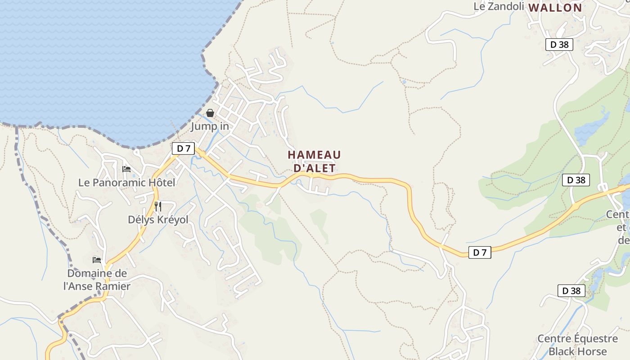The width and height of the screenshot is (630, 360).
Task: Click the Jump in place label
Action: (x=210, y=126)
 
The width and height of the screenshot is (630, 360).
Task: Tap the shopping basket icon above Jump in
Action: (x=210, y=113)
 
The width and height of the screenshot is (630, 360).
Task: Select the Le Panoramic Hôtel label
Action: (x=126, y=183)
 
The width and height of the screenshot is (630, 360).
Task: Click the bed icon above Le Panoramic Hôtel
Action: (x=126, y=169)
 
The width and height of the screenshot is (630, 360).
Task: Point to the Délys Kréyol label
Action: (x=158, y=220)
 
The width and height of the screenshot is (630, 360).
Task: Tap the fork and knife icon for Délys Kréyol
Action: (x=158, y=207)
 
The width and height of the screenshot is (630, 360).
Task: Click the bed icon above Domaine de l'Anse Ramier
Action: (x=97, y=260)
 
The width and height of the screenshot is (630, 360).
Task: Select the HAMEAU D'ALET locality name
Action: (x=314, y=162)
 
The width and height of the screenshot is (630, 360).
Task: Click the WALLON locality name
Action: (x=555, y=8)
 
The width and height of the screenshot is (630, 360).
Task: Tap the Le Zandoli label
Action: (x=499, y=6)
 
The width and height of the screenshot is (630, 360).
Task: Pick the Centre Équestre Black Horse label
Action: (x=578, y=345)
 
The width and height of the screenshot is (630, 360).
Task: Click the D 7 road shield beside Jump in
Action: (x=184, y=148)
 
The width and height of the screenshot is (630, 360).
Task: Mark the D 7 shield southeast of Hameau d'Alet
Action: (x=480, y=252)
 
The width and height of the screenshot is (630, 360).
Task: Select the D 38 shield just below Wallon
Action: (x=559, y=45)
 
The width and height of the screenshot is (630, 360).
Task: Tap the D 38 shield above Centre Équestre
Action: (x=571, y=291)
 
